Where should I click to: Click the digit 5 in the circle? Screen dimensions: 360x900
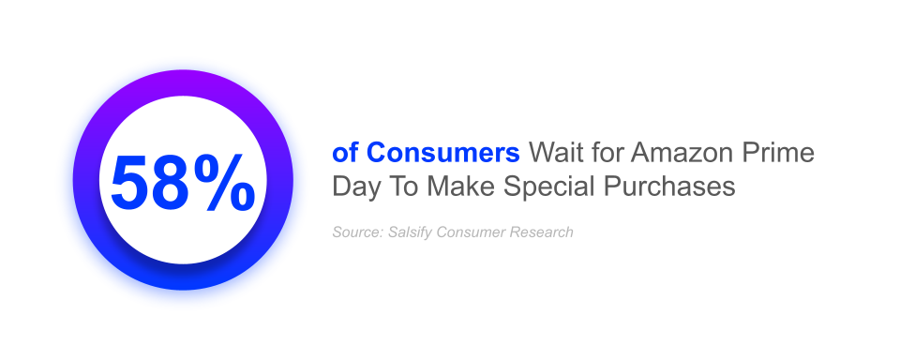[133, 182]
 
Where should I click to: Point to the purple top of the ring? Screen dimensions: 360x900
[183, 81]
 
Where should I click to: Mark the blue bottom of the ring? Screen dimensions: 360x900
[183, 278]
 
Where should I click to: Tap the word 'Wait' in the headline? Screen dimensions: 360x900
[550, 152]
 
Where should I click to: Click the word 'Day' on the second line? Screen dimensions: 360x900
[354, 187]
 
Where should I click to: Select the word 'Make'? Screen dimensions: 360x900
[460, 187]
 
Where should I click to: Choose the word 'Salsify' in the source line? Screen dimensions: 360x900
[409, 232]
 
